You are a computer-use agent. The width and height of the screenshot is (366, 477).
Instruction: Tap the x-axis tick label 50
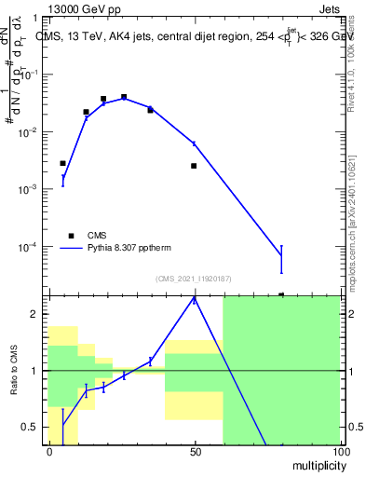point(195,451)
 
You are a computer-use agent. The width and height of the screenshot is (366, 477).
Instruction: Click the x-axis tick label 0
point(49,451)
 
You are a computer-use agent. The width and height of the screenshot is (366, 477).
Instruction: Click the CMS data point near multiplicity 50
point(194,166)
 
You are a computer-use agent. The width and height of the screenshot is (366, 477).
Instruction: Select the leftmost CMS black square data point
point(62,163)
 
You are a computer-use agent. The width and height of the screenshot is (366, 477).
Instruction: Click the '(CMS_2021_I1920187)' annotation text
point(193,278)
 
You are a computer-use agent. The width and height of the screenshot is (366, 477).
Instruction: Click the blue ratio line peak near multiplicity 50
point(194,299)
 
